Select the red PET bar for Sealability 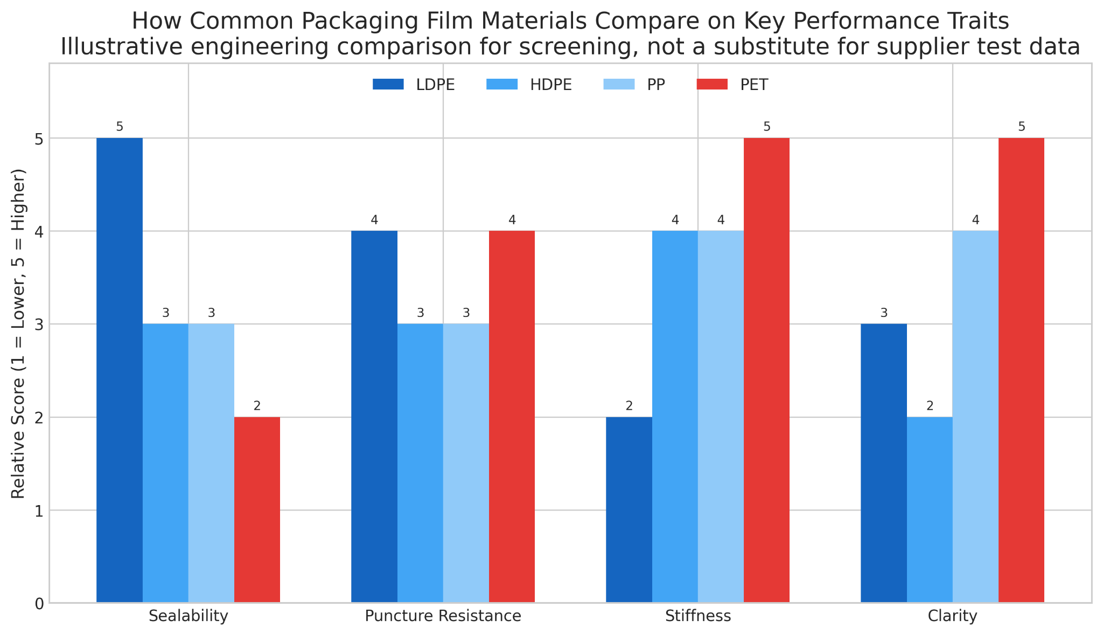click(257, 509)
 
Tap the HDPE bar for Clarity click(930, 509)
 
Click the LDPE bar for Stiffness click(629, 509)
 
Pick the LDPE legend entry click(435, 85)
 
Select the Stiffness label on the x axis click(698, 616)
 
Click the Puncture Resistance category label click(443, 616)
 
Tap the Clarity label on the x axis click(952, 616)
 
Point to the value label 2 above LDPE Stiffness click(629, 406)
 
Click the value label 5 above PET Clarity click(1021, 127)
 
